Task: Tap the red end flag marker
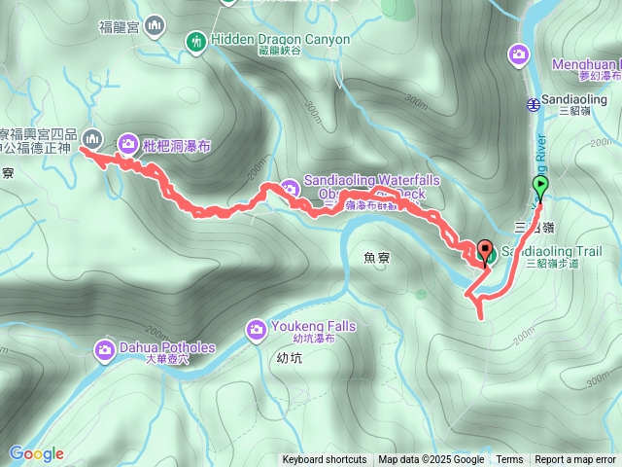(x=484, y=249)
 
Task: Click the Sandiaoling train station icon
(x=533, y=104)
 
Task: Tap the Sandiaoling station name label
(x=579, y=99)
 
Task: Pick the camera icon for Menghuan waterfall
(x=520, y=54)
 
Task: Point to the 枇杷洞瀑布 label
(x=176, y=145)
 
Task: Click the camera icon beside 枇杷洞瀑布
(x=127, y=145)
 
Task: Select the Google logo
(x=37, y=453)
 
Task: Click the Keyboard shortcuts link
(x=325, y=460)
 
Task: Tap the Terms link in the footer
(x=509, y=460)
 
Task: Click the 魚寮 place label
(x=376, y=258)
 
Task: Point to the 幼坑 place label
(x=276, y=358)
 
